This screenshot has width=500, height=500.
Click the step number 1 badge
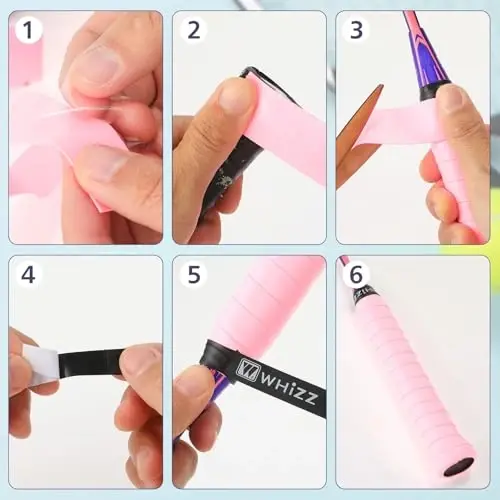tap(29, 30)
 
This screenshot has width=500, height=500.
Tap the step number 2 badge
tap(193, 30)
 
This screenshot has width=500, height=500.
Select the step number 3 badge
tap(356, 30)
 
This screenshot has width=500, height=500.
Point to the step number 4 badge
tap(29, 274)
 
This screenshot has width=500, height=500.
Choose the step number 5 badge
tap(193, 274)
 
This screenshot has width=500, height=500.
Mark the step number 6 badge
tap(356, 274)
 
